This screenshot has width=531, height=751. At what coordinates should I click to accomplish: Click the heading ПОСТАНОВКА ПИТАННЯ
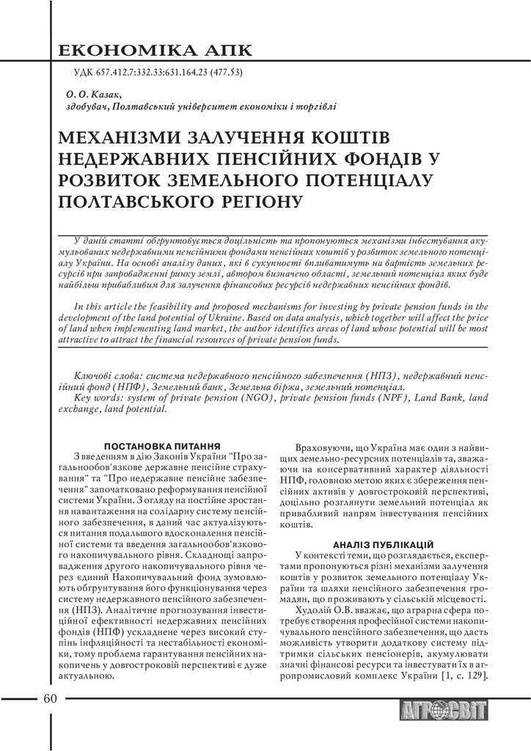coord(163,445)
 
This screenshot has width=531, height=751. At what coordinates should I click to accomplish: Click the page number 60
coord(50,697)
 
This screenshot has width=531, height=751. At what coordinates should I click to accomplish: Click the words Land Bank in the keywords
coord(438,398)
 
